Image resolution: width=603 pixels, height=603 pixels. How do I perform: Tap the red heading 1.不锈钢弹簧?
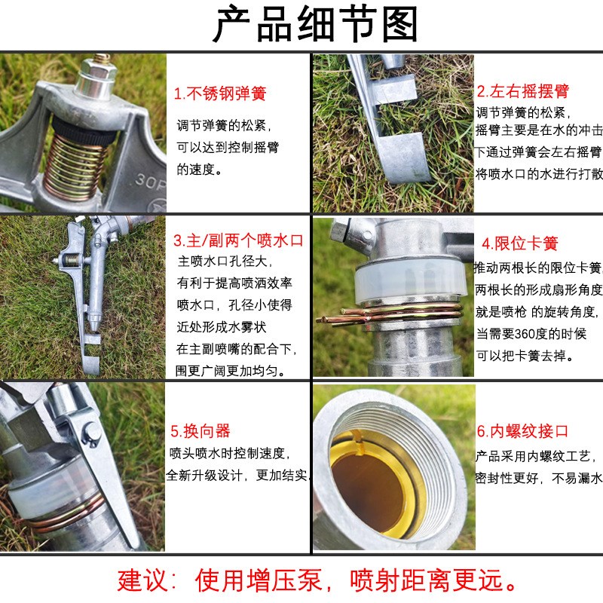point(219,94)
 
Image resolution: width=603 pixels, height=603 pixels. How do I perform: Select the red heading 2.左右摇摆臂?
point(522,92)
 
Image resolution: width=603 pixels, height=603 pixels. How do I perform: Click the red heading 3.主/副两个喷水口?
point(238,241)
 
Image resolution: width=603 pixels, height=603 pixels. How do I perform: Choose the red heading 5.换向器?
point(200,431)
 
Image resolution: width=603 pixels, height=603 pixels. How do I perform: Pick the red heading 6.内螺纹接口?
point(522,431)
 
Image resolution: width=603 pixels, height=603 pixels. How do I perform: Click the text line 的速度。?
point(200,170)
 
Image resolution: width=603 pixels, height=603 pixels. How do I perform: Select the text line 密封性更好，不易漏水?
point(539,478)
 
